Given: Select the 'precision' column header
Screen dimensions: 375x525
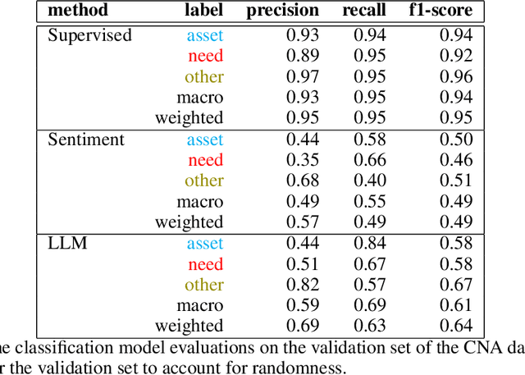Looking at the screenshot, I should [x=283, y=11].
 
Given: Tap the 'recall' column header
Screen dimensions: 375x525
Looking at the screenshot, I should [x=364, y=11].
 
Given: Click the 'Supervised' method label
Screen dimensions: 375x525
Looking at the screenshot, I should [x=89, y=35].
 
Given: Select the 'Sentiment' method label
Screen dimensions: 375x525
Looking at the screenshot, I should [x=86, y=139].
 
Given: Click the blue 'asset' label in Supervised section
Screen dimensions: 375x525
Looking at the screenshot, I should [x=204, y=35].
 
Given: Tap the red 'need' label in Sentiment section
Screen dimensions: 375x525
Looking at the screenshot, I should [x=205, y=161].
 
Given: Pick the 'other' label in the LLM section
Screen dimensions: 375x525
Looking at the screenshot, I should [x=203, y=285].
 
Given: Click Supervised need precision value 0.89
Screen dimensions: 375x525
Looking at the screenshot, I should [x=302, y=57].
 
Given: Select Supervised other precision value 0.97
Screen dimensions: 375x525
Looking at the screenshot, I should [x=302, y=77].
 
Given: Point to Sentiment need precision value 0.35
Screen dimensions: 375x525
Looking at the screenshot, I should [x=302, y=161].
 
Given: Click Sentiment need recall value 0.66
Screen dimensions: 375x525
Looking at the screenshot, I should [x=370, y=161].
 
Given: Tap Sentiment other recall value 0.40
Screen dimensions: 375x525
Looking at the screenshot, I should [x=370, y=181].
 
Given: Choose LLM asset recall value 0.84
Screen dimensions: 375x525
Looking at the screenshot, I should [x=370, y=244].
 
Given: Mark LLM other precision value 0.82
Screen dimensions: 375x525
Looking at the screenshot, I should [x=302, y=285].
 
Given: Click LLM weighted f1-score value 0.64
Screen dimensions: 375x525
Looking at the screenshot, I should [x=456, y=326].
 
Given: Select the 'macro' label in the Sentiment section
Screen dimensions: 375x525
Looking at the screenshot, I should [x=200, y=202].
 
